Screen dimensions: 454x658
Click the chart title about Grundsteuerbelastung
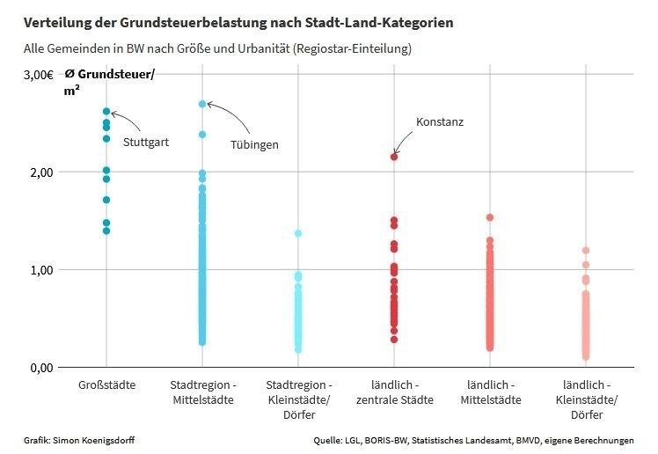pyautogui.click(x=238, y=22)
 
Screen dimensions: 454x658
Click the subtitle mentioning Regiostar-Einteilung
pyautogui.click(x=217, y=48)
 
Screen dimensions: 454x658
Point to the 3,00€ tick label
pyautogui.click(x=38, y=75)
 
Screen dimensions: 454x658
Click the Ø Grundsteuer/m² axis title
pyautogui.click(x=109, y=82)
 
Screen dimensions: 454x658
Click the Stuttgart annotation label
pyautogui.click(x=146, y=141)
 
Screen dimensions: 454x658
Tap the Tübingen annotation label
pyautogui.click(x=254, y=144)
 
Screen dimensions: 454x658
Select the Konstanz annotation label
pyautogui.click(x=439, y=122)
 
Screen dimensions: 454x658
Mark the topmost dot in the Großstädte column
pyautogui.click(x=106, y=112)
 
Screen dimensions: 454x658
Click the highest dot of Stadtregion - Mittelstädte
pyautogui.click(x=202, y=104)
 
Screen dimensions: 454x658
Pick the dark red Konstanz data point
pyautogui.click(x=394, y=157)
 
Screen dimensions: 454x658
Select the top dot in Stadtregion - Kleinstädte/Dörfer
pyautogui.click(x=298, y=233)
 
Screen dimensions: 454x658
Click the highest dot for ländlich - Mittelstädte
pyautogui.click(x=490, y=217)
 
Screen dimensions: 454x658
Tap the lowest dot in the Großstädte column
pyautogui.click(x=106, y=231)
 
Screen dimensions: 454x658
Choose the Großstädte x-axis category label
pyautogui.click(x=106, y=386)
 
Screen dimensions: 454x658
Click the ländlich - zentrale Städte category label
pyautogui.click(x=394, y=393)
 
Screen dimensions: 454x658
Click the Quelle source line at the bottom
pyautogui.click(x=473, y=439)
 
